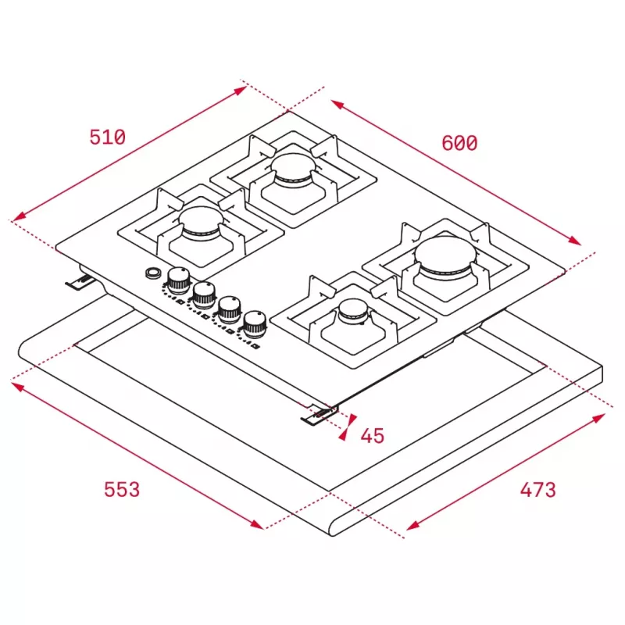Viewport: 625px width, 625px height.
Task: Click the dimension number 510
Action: click(x=108, y=137)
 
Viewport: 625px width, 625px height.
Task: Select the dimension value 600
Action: click(x=459, y=143)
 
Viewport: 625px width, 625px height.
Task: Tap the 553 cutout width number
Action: click(x=122, y=489)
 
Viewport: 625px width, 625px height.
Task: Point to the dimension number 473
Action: click(x=537, y=490)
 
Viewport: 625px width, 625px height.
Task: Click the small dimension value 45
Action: click(x=373, y=436)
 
